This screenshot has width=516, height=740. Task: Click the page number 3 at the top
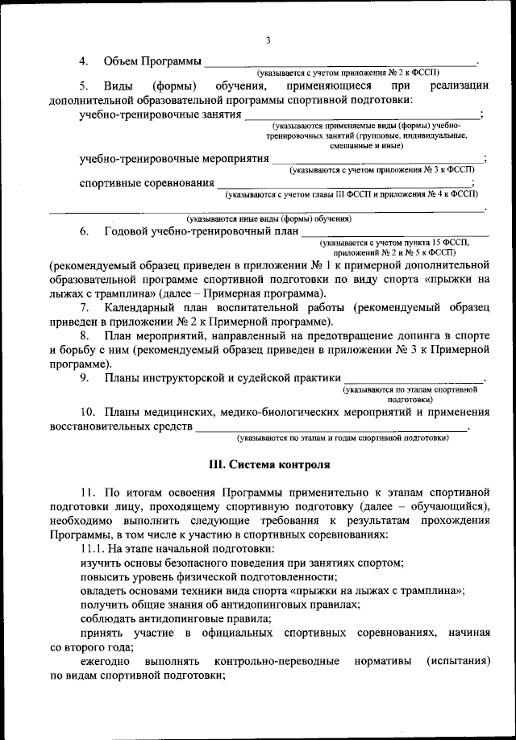[268, 41]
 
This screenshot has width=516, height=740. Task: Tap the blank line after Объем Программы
[339, 63]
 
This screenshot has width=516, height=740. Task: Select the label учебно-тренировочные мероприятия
[174, 159]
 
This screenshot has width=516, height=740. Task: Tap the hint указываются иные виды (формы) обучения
[268, 218]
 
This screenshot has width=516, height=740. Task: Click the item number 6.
[84, 231]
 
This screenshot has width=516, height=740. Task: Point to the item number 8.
[84, 335]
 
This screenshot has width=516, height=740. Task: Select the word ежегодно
[105, 660]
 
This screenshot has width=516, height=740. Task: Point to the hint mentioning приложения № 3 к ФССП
[384, 170]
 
